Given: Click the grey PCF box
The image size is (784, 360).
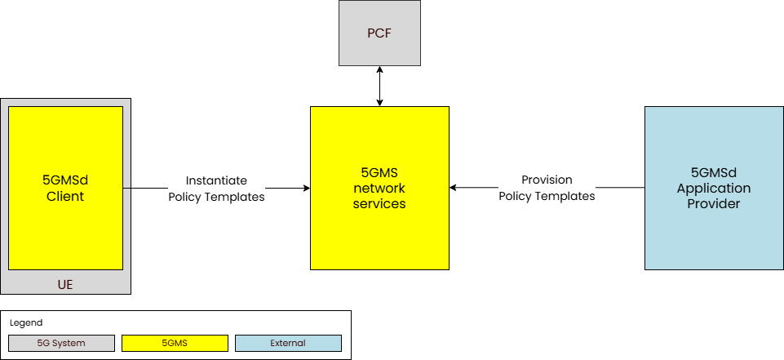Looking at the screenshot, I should tap(379, 33).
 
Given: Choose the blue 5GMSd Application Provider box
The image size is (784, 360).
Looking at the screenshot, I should tap(714, 237).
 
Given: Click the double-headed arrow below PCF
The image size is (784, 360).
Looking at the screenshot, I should tap(379, 86).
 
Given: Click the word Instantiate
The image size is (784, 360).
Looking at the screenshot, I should tap(216, 180).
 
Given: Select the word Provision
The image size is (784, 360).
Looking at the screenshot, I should tap(547, 180).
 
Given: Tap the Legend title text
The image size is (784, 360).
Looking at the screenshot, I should tap(26, 323).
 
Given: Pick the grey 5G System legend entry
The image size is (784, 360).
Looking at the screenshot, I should tap(60, 344).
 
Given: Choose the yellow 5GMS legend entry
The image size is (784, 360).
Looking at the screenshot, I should tap(175, 344).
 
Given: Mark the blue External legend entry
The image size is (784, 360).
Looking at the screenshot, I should tap(288, 344).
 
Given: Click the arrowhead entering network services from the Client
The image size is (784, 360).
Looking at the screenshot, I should tap(306, 188).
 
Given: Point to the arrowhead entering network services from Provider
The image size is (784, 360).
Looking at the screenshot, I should tap(454, 188).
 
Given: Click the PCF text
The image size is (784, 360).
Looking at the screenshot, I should tap(379, 33).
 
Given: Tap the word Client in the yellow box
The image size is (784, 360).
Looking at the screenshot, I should tap(65, 197).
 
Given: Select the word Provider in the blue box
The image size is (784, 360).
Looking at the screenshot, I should tap(714, 203).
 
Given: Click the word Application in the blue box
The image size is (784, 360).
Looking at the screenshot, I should tap(714, 189).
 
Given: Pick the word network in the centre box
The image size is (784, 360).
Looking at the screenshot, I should tap(379, 189).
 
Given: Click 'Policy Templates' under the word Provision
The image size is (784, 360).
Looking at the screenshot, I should tap(547, 196).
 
